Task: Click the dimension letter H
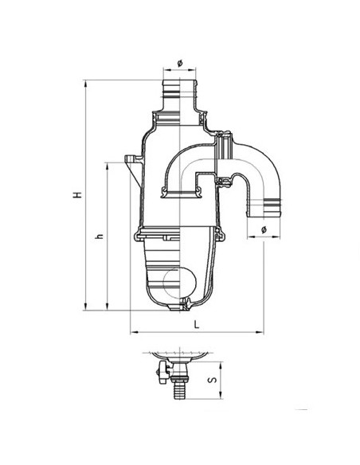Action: coord(78,195)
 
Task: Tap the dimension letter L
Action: coord(196,324)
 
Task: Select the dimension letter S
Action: coord(213,380)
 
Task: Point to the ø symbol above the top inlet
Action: coord(180,63)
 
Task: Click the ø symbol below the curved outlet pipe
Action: coord(264,229)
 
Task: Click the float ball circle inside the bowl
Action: coord(180,281)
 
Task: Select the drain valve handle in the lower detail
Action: coord(162,373)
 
